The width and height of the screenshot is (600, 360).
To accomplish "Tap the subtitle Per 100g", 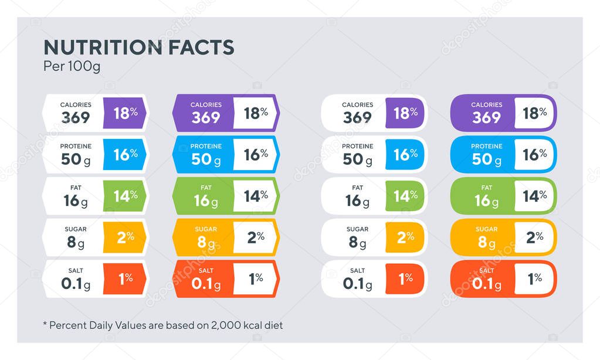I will [72, 66].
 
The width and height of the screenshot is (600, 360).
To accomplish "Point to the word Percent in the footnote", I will [68, 325].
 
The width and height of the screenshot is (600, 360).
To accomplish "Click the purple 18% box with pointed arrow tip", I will [124, 113].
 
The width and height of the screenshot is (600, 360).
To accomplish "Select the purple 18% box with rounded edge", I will [405, 113].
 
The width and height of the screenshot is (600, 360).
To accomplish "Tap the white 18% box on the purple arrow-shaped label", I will [255, 113].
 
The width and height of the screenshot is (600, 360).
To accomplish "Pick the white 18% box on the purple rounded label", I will [534, 113].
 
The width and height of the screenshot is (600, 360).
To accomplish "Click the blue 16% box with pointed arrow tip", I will [124, 154].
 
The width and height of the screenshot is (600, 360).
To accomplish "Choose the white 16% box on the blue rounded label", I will [534, 154].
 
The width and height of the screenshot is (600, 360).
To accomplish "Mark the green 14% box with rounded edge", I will [405, 196].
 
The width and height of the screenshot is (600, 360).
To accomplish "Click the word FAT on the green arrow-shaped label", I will [206, 188].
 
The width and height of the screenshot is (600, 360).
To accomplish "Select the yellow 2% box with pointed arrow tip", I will [124, 237].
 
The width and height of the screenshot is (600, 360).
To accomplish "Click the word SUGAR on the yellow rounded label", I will [486, 229].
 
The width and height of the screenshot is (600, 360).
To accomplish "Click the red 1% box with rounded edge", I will [405, 279].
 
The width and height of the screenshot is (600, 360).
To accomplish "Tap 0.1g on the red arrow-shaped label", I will [206, 284].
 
